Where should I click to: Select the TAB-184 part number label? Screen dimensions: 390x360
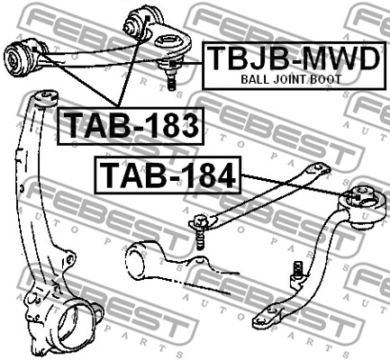168,175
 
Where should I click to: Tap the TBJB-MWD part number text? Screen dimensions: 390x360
294,58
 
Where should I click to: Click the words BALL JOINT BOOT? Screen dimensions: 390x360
291,79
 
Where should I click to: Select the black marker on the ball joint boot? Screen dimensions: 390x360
172,64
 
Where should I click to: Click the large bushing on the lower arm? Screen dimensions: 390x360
362,207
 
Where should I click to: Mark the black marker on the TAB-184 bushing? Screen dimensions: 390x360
358,197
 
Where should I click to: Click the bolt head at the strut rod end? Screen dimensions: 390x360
199,223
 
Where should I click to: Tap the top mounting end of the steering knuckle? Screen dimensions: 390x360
45,98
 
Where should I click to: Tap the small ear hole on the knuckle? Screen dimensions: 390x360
69,258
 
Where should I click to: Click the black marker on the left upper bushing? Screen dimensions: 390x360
35,49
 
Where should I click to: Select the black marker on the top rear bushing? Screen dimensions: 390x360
147,18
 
